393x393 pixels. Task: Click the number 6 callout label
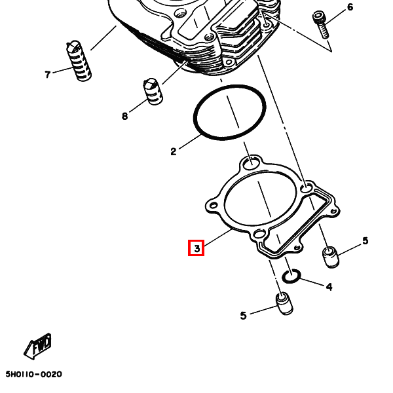click(350, 7)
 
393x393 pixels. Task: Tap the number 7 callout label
click(47, 75)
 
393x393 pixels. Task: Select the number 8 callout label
click(124, 117)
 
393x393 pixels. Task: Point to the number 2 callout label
click(174, 152)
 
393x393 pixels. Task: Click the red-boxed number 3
click(196, 248)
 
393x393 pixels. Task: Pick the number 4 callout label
click(329, 287)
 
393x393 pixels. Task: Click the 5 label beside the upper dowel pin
click(365, 241)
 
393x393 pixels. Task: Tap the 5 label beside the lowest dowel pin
click(243, 316)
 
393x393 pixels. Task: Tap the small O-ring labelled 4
click(292, 275)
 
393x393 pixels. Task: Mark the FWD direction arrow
click(38, 347)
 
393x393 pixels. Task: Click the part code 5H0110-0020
click(33, 374)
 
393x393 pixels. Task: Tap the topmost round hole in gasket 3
click(250, 162)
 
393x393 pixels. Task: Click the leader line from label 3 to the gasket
click(217, 239)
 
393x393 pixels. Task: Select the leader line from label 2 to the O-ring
click(189, 143)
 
